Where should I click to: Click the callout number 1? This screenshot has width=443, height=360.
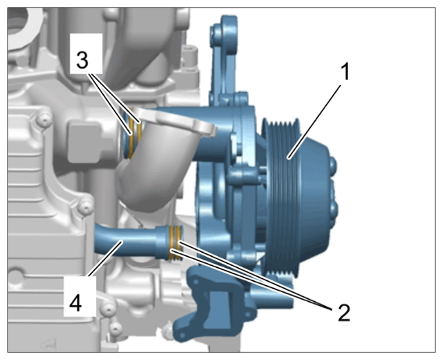pos(345,72)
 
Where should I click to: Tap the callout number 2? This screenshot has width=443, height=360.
pos(344,313)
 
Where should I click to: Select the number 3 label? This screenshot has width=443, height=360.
pos(82,60)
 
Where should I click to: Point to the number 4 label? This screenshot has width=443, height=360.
pos(75,304)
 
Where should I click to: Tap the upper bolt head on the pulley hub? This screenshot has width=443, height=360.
pos(334,165)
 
